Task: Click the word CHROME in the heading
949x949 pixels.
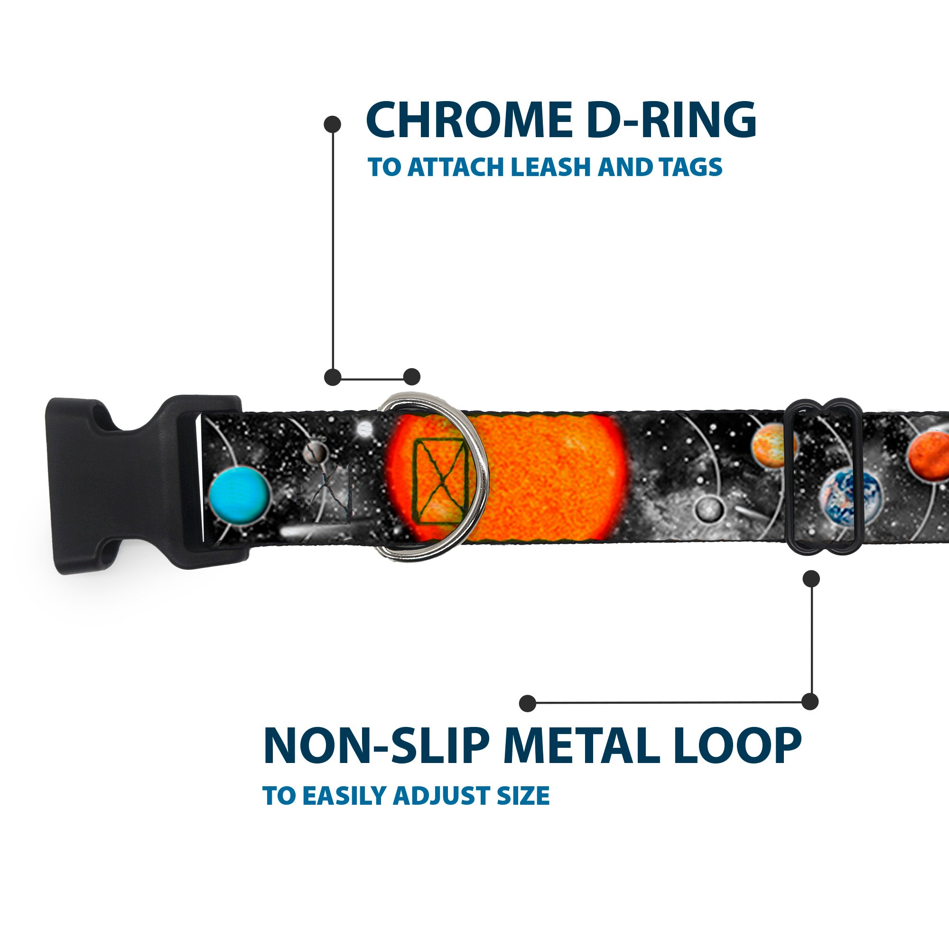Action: pyautogui.click(x=469, y=121)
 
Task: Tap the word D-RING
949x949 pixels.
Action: pyautogui.click(x=671, y=121)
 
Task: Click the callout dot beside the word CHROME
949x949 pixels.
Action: pyautogui.click(x=333, y=124)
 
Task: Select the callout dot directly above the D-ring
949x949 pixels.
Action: pyautogui.click(x=411, y=377)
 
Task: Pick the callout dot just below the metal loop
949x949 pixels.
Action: pyautogui.click(x=811, y=578)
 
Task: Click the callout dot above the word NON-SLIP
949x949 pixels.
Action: pyautogui.click(x=528, y=703)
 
